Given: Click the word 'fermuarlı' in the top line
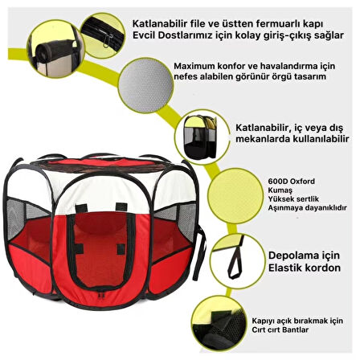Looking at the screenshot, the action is pos(277,24).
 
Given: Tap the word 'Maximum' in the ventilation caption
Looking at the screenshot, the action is pos(190,66).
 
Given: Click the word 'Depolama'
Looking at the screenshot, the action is pos(292,256).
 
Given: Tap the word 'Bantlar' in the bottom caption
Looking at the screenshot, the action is pos(294,329).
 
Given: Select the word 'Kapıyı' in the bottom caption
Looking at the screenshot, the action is pos(264,321).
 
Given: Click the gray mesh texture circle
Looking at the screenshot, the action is pos(145,85).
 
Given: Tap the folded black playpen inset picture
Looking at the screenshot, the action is pos(200,137).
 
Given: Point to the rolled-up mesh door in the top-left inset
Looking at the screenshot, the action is pos(55,48).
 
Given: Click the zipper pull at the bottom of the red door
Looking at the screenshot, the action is pos(100,294).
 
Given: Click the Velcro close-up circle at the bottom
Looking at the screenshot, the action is pos(219,325).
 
